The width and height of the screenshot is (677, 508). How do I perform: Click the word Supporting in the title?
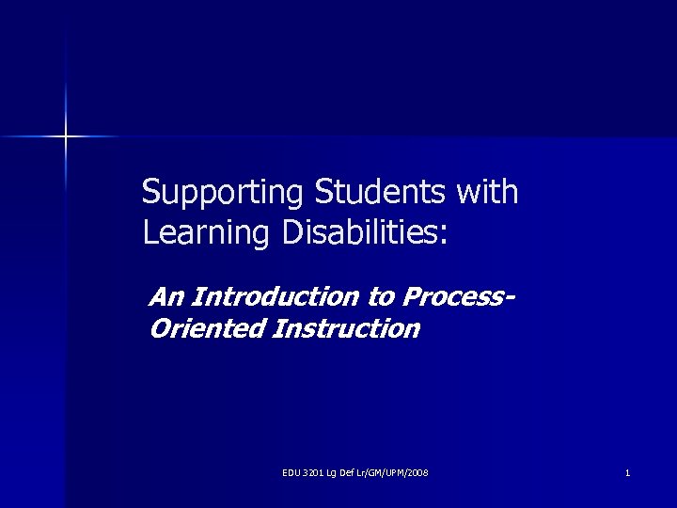coord(222,193)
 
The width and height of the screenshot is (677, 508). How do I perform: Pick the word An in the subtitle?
coord(166,297)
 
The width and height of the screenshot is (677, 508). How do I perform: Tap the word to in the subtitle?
coord(383,297)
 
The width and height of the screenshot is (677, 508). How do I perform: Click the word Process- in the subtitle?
coord(457,297)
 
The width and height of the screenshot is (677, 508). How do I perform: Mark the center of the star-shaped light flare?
coord(66,137)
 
